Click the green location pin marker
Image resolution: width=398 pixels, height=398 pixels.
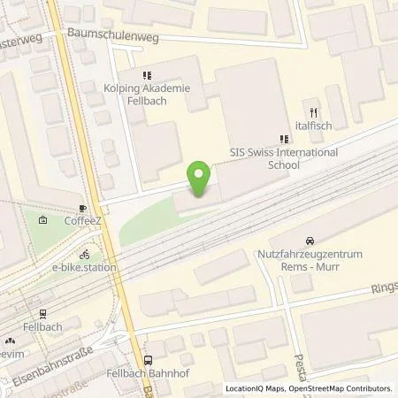200,180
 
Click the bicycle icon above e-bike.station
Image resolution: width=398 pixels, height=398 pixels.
84,250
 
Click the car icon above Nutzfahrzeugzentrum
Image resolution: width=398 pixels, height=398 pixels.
309,241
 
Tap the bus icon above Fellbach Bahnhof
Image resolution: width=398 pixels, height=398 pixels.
148,360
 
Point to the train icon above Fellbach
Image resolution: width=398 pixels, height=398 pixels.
41,314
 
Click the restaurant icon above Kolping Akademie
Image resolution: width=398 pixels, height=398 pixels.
147,76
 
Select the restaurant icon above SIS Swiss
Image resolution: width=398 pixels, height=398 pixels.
284,138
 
